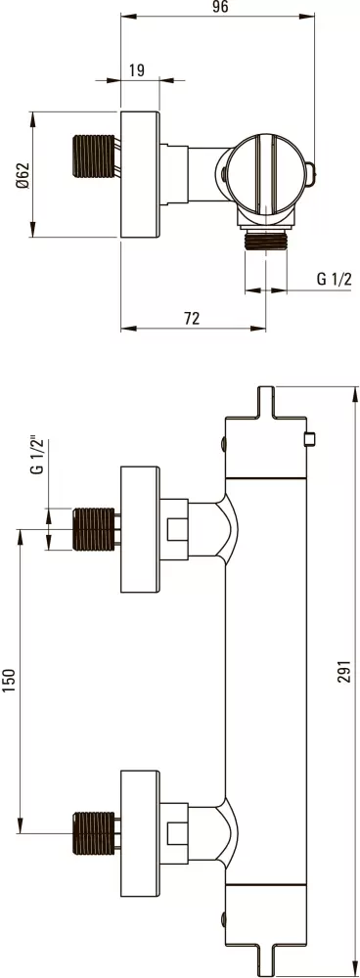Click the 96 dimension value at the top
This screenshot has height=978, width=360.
220,8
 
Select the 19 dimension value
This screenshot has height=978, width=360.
137,69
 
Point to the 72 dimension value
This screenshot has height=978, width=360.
192,318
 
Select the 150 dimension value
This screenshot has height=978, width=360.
11,681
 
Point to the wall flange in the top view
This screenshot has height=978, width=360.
139,174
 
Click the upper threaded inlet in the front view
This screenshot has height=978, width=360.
95,529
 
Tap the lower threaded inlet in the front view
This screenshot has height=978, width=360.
95,833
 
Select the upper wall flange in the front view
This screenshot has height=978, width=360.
139,529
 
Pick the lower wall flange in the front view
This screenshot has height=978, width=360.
139,833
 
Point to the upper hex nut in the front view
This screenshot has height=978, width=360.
176,529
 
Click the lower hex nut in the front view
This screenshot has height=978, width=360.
176,833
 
